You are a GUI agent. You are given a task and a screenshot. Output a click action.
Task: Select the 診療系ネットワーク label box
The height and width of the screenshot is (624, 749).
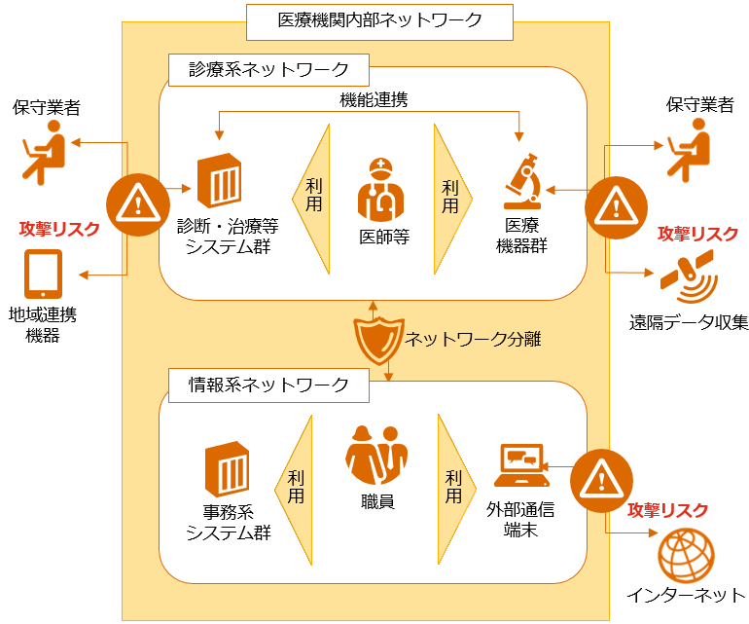[268, 69]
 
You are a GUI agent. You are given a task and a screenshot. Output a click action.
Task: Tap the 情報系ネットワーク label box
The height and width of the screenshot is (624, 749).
[268, 385]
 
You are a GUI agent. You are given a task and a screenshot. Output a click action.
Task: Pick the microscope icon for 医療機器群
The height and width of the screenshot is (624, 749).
[522, 182]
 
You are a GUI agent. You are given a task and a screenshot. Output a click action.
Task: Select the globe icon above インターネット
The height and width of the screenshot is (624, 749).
[686, 555]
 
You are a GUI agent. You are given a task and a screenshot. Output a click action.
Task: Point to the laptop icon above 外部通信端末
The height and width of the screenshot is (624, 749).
[522, 465]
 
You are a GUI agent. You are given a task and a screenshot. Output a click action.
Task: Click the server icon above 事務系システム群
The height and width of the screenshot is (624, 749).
[228, 469]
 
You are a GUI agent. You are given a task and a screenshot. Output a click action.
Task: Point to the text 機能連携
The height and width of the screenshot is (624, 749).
[373, 99]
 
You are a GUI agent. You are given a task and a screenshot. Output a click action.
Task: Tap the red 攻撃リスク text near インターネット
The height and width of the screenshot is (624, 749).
[667, 510]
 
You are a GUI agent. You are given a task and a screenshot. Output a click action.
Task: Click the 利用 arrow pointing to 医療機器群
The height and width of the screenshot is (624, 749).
[451, 196]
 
